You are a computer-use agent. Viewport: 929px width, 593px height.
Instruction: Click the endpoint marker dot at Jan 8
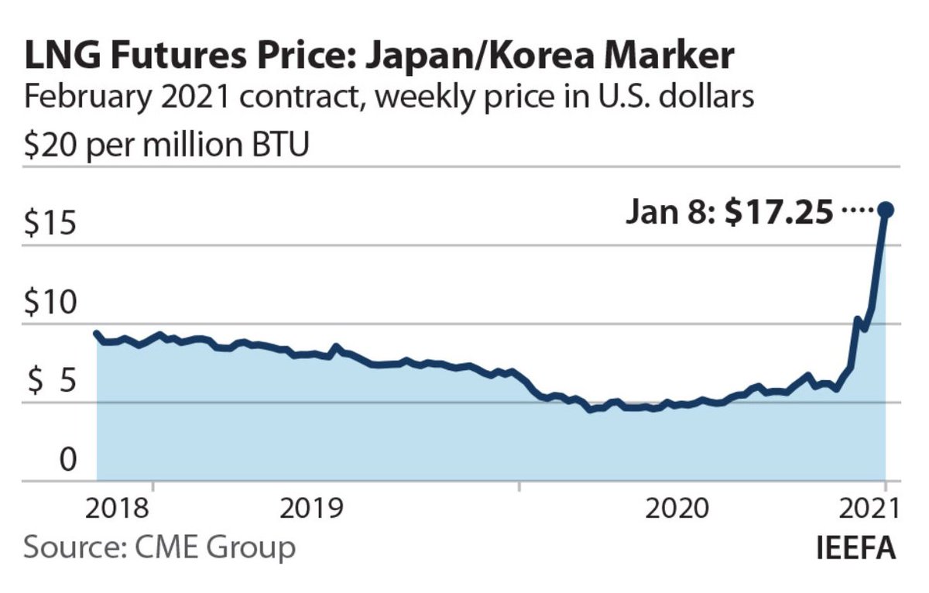coord(886,210)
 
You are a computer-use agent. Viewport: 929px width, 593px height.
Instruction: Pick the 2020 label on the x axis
coord(677,509)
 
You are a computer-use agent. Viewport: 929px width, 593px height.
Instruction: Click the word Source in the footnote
coord(68,547)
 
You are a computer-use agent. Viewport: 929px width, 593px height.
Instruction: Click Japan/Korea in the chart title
coord(483,59)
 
